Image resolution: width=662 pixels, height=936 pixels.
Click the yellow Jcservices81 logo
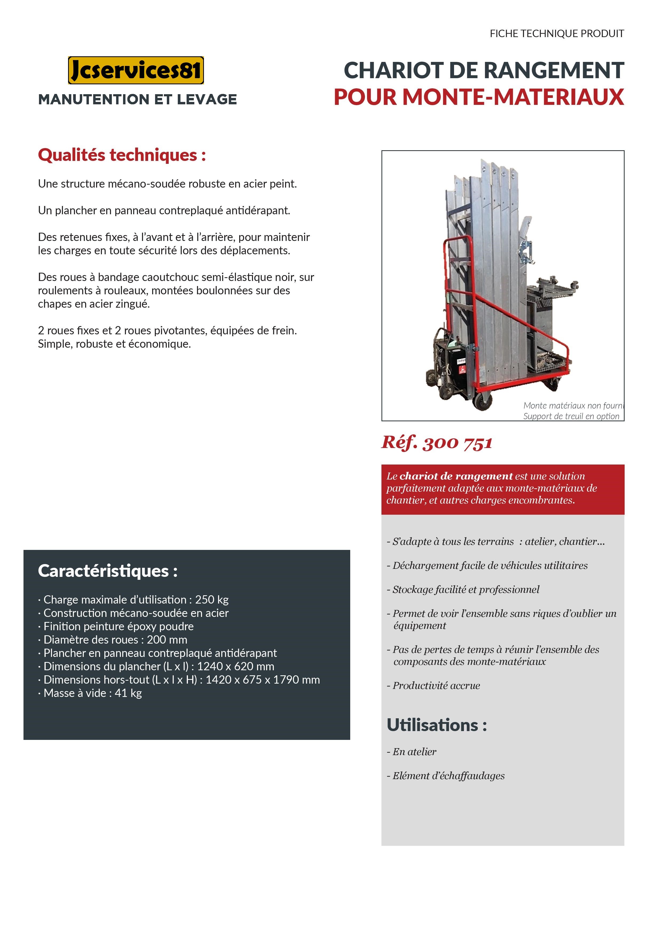pos(136,70)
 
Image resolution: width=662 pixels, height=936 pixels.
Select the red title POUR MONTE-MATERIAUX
pos(478,97)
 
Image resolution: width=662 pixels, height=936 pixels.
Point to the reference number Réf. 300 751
pos(437,443)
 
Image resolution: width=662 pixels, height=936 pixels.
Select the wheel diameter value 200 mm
pos(167,640)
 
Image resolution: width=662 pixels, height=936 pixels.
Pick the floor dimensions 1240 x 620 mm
pos(235,666)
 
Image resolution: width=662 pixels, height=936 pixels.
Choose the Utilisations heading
pos(436,725)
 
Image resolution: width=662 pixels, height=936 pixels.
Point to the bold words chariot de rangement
pos(456,476)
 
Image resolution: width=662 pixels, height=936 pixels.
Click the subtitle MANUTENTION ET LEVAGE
pos(137,99)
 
